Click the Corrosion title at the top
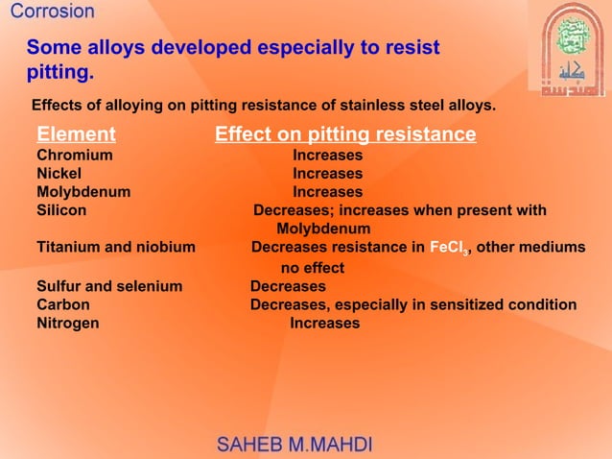53,12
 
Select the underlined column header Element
76,134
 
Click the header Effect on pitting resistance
345,134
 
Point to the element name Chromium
75,155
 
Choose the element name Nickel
59,174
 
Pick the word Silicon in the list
61,210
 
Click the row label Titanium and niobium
116,248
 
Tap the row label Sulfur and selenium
109,286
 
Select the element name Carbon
63,304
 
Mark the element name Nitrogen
68,324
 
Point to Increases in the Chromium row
327,155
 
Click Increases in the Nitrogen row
324,324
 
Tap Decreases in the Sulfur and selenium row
288,286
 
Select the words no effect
312,269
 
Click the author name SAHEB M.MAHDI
295,445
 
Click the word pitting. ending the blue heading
60,72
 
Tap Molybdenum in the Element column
83,192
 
